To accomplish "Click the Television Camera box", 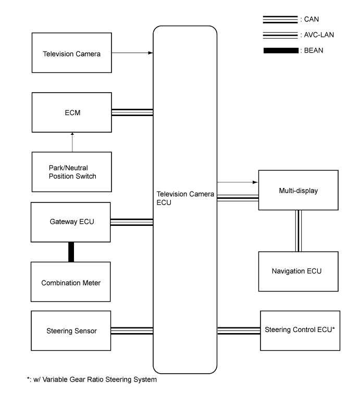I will coord(72,53).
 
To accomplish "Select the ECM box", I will coord(72,112).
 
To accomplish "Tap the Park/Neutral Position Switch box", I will coord(72,172).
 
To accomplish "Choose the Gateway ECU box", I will coord(72,222).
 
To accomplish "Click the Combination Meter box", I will coord(72,282).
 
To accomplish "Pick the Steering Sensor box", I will coord(72,330).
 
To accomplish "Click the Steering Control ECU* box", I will coord(300,330).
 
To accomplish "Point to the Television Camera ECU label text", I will coord(185,199).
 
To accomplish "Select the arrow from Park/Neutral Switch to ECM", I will coord(72,142).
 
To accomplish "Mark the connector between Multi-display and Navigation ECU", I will coord(298,231).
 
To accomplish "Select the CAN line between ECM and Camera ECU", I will coord(132,112).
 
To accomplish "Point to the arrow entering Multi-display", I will coord(238,183).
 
